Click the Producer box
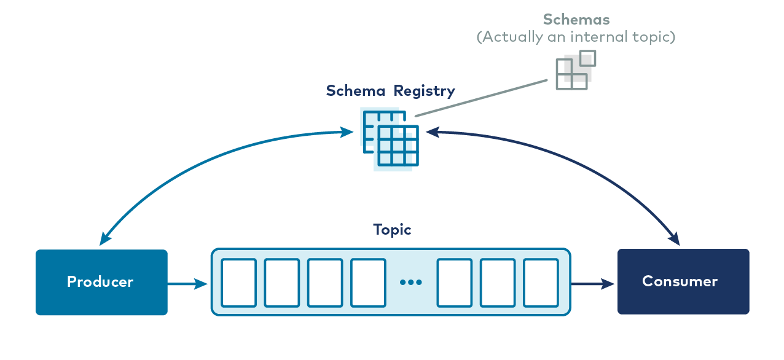(101, 282)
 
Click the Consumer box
(683, 281)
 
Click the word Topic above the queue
(392, 230)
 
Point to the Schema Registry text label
(390, 91)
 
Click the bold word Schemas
(576, 20)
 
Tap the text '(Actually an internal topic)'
(576, 37)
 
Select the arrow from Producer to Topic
(188, 284)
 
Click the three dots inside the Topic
(410, 283)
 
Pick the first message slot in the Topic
(238, 283)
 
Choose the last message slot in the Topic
(541, 283)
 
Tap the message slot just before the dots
(368, 283)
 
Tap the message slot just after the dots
(455, 283)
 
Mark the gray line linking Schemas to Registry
(481, 98)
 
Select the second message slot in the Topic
(282, 283)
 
